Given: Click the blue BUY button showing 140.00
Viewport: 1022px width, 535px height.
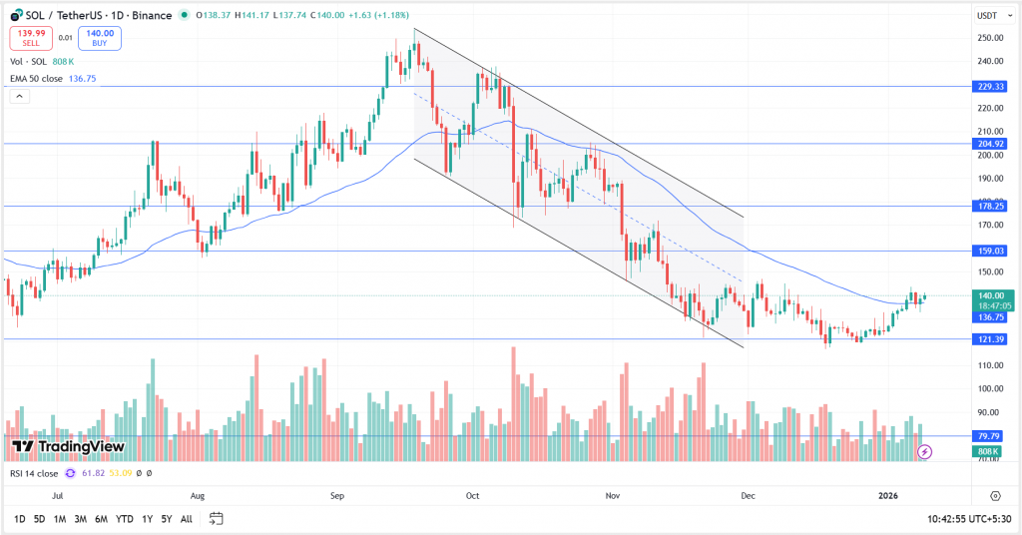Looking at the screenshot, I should [x=99, y=38].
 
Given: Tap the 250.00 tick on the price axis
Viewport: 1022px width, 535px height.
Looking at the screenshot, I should [x=990, y=38].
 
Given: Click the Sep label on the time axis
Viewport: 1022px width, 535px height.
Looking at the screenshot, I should [x=336, y=495].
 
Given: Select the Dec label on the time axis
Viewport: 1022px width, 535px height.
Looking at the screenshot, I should [x=748, y=495].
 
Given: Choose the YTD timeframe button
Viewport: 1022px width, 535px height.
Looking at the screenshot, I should [x=125, y=519].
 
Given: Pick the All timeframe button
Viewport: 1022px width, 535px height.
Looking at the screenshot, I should [x=187, y=519].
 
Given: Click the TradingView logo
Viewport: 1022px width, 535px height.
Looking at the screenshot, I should [x=68, y=446].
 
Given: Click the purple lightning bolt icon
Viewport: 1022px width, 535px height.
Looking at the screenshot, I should [x=925, y=452].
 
